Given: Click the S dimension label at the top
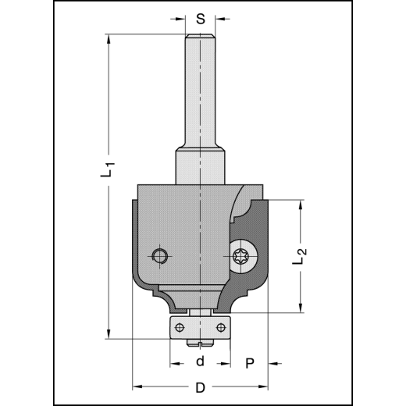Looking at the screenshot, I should coord(201,18).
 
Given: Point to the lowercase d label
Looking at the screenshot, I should coord(200,361).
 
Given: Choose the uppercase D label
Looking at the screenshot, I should coord(200,388).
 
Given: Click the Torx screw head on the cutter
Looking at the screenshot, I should coord(241,255).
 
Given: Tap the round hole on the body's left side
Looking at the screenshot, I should coord(160,255).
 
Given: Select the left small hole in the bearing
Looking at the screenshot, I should coord(180,326).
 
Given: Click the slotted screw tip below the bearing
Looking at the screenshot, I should coord(201,340).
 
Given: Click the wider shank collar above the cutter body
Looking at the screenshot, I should coord(201,166).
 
